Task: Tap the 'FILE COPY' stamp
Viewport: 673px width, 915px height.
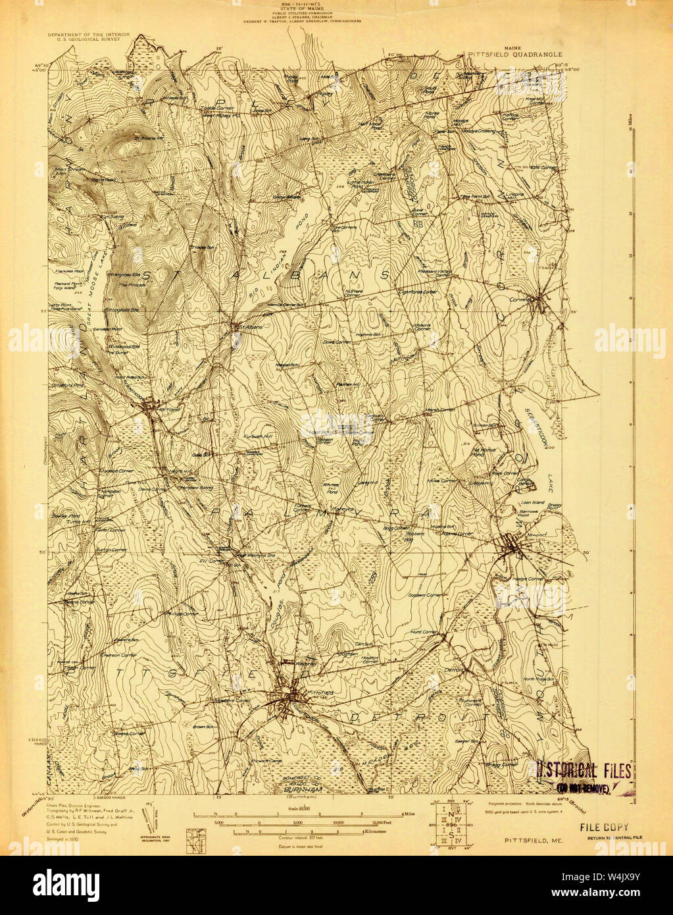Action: [604, 827]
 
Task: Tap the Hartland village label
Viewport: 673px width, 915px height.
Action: [160, 409]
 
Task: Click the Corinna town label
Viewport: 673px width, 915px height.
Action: [520, 298]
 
